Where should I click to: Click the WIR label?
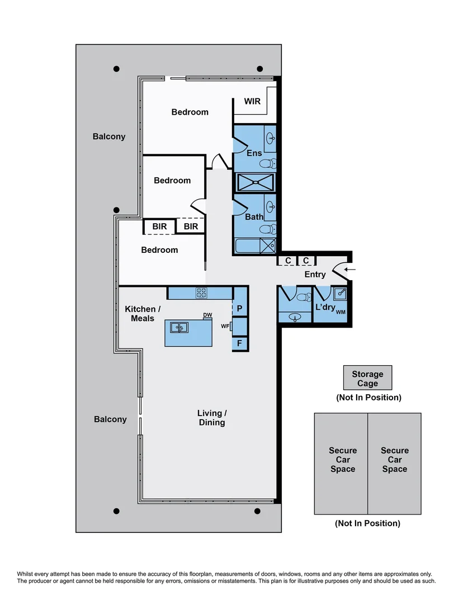(252, 101)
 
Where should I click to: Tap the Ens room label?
(254, 153)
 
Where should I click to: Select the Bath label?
(254, 216)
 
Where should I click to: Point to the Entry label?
(315, 274)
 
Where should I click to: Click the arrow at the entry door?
(349, 270)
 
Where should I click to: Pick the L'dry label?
(325, 308)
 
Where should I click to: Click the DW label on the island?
(207, 315)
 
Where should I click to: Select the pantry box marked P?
(240, 308)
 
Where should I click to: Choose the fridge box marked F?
(240, 343)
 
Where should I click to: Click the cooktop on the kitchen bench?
(201, 292)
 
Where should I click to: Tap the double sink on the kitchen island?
(179, 328)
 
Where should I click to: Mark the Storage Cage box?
(367, 378)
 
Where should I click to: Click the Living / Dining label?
(212, 418)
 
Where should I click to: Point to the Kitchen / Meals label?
(143, 314)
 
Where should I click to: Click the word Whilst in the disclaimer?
(27, 574)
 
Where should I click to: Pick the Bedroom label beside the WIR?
(190, 112)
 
